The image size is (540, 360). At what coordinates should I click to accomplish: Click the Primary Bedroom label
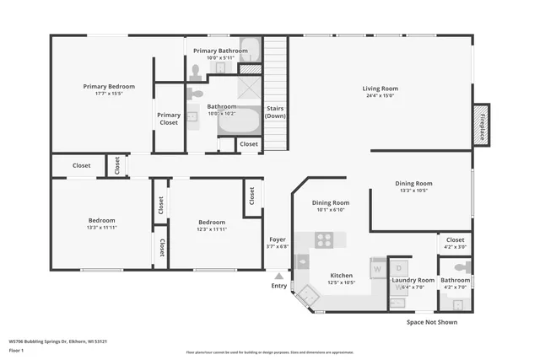coord(108,86)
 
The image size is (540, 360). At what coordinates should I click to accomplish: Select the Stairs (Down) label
coord(276,112)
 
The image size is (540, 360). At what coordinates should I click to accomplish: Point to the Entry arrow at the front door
coord(278,276)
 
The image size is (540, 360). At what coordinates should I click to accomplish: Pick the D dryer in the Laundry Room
coord(401,268)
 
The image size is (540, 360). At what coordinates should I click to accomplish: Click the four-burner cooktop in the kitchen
coord(325,239)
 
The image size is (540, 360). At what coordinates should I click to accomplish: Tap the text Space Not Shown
coord(432,322)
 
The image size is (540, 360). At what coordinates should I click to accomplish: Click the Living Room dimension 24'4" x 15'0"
coord(380,96)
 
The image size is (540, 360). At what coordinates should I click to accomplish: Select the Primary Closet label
coord(169,119)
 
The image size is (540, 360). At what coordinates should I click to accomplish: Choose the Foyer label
coord(277,239)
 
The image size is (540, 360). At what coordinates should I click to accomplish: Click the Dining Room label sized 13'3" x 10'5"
coord(413,183)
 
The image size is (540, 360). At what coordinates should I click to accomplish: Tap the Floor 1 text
coord(16,350)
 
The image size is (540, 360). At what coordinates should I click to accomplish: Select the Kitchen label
coord(341,276)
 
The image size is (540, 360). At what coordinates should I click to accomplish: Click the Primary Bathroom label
coord(221,51)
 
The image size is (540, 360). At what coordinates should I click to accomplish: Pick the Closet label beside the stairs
coord(249,144)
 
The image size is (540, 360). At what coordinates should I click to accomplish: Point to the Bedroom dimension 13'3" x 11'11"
coord(101,228)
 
